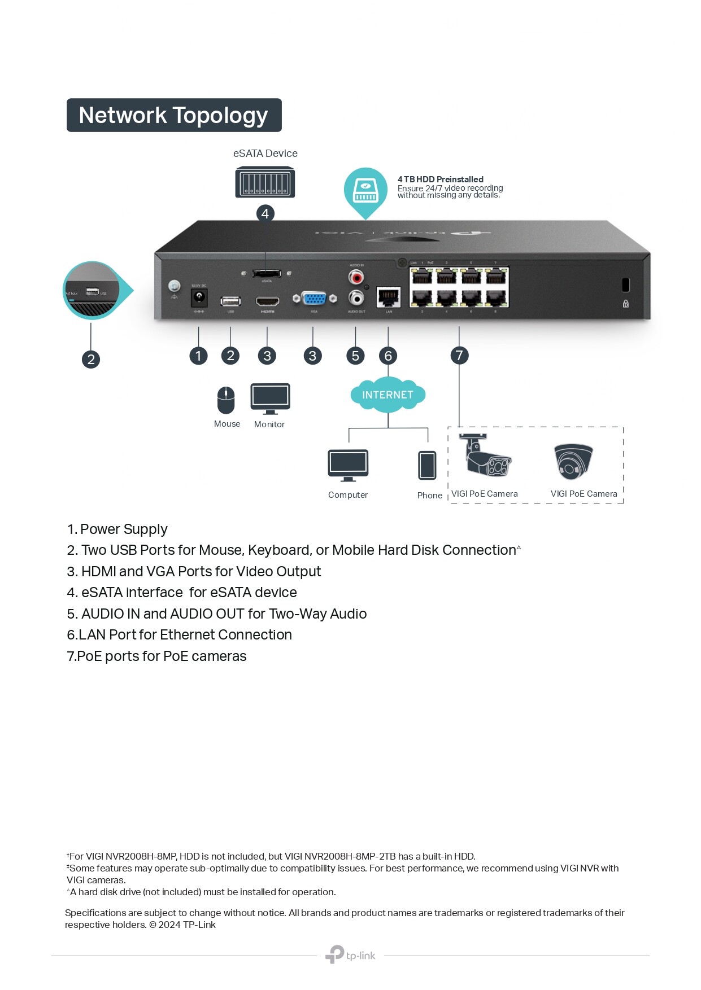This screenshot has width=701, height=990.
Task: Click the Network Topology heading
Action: [173, 115]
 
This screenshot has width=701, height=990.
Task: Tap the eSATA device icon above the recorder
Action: [265, 182]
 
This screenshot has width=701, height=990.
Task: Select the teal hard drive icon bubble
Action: [365, 190]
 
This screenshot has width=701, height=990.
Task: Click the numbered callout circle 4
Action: [265, 214]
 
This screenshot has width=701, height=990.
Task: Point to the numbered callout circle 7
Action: [459, 356]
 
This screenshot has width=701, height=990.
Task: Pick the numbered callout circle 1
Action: [198, 356]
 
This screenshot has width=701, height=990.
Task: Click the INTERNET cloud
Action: [387, 395]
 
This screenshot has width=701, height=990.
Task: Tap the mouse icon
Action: [226, 400]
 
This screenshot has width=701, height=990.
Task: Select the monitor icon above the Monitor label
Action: [270, 398]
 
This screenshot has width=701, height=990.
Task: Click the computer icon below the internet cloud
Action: [348, 465]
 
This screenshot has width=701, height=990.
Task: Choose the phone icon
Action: [427, 465]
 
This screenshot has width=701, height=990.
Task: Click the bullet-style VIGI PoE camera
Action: [486, 458]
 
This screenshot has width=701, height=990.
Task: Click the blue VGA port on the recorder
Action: [314, 298]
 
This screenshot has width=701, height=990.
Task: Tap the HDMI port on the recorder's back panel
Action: [267, 301]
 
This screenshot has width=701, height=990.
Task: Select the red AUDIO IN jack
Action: [356, 277]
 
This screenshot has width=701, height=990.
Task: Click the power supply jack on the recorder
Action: [199, 297]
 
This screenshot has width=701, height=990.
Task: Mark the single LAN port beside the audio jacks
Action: [389, 297]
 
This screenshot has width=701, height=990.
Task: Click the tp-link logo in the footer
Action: [350, 955]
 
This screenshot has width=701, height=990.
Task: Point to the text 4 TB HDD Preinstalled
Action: [440, 179]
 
